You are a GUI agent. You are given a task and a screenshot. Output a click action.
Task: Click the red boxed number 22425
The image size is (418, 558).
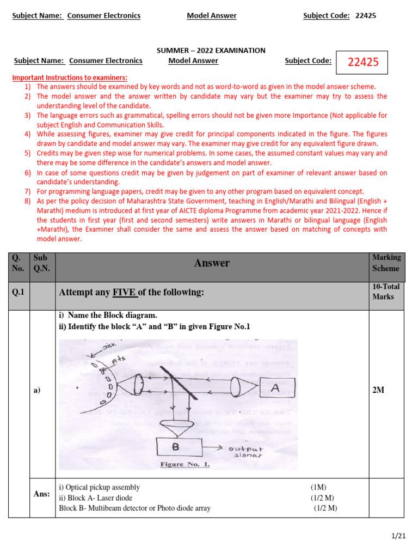pos(362,62)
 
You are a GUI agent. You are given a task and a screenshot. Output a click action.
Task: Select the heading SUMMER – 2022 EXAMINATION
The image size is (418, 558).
pos(211,50)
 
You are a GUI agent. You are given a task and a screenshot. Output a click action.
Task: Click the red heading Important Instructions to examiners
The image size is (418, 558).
pos(70,78)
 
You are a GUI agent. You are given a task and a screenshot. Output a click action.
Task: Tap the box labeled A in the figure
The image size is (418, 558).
pos(275,388)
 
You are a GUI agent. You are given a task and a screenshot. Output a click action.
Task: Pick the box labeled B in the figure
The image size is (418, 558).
pos(185,447)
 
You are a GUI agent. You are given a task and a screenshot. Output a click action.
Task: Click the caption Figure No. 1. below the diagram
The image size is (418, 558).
pos(185,465)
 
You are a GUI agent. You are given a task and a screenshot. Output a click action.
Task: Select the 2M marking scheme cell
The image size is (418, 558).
pos(379,390)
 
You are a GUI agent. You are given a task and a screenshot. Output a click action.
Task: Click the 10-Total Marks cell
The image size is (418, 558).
pos(386,292)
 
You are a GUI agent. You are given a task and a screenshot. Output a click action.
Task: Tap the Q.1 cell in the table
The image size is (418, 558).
pos(19,293)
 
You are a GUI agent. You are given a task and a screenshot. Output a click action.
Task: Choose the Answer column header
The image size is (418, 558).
pos(212,263)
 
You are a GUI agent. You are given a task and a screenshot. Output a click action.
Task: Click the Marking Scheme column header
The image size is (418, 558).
pos(386,263)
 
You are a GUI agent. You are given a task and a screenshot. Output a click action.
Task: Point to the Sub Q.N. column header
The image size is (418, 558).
pos(41,263)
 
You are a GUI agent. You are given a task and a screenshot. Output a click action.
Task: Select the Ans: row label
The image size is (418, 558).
pos(41,494)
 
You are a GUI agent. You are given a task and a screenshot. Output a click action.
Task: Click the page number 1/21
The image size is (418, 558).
pos(399,536)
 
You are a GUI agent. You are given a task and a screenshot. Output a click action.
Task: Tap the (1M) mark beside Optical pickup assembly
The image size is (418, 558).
pos(319,487)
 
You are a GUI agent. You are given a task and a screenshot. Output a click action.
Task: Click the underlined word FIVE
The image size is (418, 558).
pos(125,293)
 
